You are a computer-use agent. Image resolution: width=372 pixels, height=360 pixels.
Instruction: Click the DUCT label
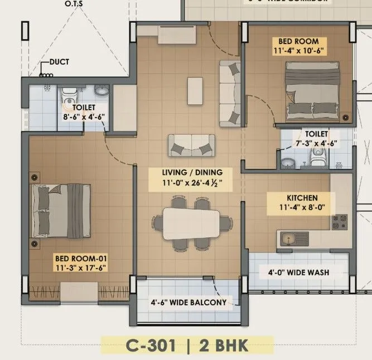click(59, 62)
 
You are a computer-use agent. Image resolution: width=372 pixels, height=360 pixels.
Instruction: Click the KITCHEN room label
click(302, 198)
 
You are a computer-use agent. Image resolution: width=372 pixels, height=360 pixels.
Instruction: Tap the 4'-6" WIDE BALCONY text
click(189, 303)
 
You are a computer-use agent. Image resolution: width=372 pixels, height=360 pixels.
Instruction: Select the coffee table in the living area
click(195, 90)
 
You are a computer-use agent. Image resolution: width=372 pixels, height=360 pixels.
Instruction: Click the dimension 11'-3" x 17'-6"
click(80, 268)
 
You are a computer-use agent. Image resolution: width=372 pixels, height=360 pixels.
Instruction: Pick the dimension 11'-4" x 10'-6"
click(298, 50)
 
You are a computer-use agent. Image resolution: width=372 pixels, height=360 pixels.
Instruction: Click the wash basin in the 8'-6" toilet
click(101, 91)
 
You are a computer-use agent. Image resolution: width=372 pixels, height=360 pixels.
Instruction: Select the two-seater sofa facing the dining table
click(191, 146)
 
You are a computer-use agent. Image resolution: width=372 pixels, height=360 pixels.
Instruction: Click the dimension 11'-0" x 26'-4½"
click(189, 182)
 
